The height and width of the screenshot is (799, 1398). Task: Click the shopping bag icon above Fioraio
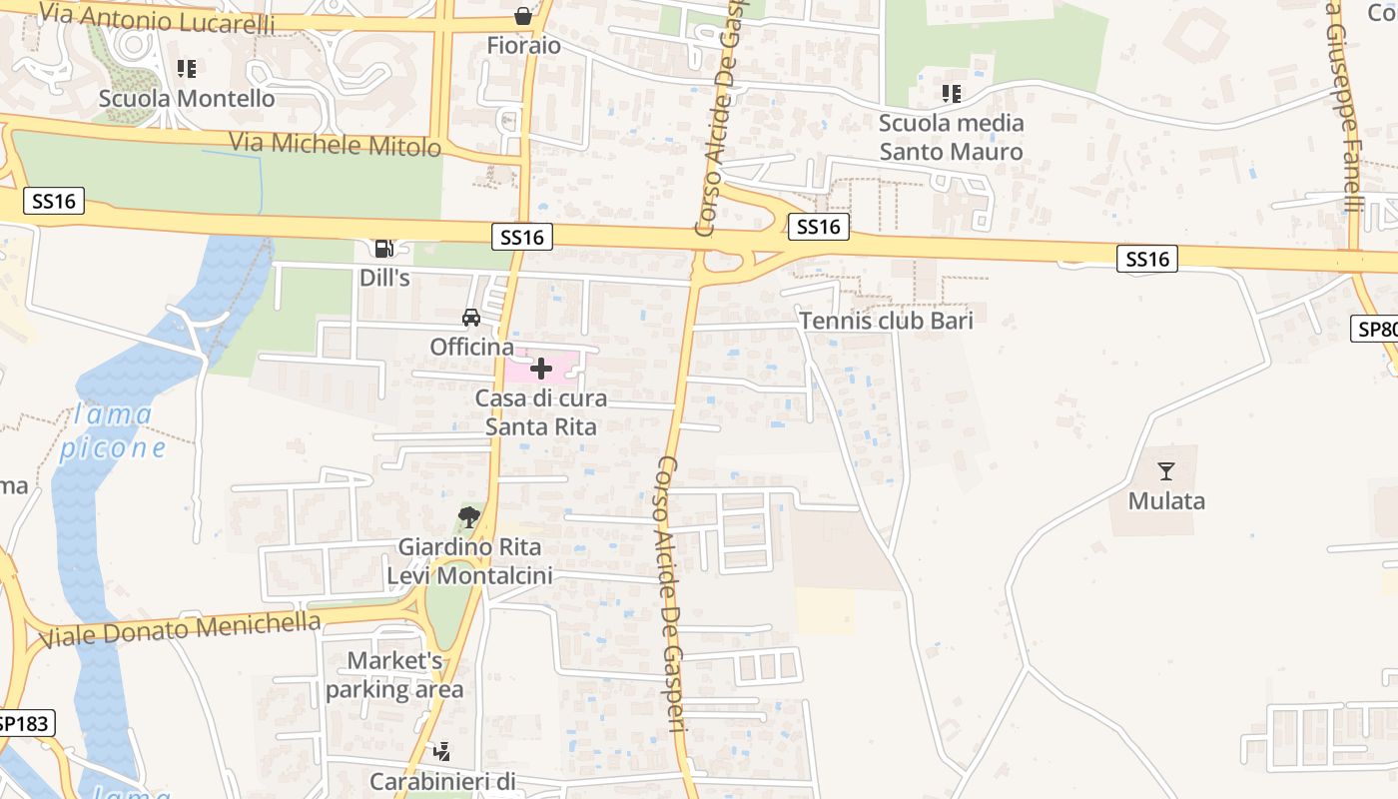point(522,15)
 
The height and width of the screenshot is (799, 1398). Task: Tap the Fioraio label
point(524,46)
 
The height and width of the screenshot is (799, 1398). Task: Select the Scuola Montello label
point(187,99)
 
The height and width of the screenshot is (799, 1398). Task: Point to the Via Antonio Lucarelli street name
point(158,19)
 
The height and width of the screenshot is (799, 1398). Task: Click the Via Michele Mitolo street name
point(336,144)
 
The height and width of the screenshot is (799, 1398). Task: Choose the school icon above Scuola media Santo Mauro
point(952,94)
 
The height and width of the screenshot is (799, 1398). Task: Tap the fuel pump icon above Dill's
point(383,249)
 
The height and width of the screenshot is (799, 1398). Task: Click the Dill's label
point(385,279)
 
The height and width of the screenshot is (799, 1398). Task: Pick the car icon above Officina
point(471,318)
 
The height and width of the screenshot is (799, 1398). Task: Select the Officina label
point(472,348)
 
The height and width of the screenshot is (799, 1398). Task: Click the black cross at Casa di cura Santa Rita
point(541,370)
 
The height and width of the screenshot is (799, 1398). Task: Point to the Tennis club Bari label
point(887,321)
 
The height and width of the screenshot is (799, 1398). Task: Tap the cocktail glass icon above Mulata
point(1165,471)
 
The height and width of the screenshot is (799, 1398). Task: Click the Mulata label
point(1166,501)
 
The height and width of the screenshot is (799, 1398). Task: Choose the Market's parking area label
point(394,675)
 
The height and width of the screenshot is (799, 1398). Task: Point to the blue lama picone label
point(113,431)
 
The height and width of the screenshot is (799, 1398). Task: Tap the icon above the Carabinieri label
point(441,750)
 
